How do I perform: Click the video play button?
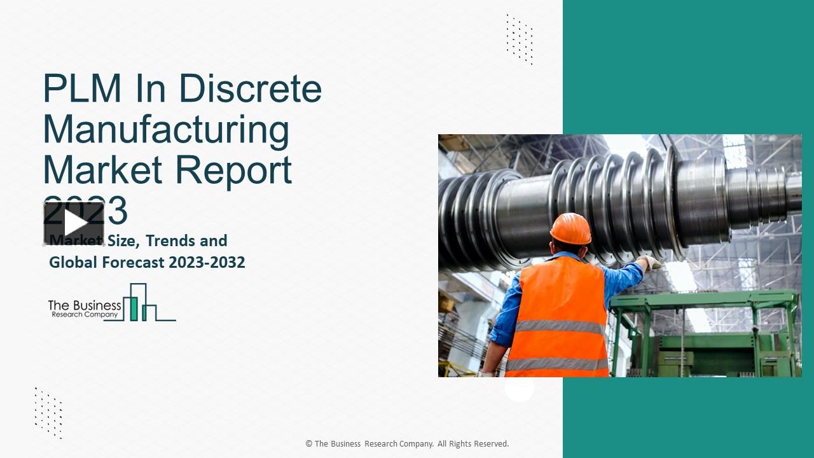(74, 223)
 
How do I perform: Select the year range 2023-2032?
(207, 262)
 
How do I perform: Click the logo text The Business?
(85, 305)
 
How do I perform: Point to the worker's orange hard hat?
(570, 228)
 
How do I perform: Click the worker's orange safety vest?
(558, 318)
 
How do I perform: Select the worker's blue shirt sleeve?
(623, 281)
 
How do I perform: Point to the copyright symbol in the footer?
(309, 444)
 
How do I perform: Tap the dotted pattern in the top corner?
(520, 39)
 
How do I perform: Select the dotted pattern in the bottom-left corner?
(48, 413)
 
